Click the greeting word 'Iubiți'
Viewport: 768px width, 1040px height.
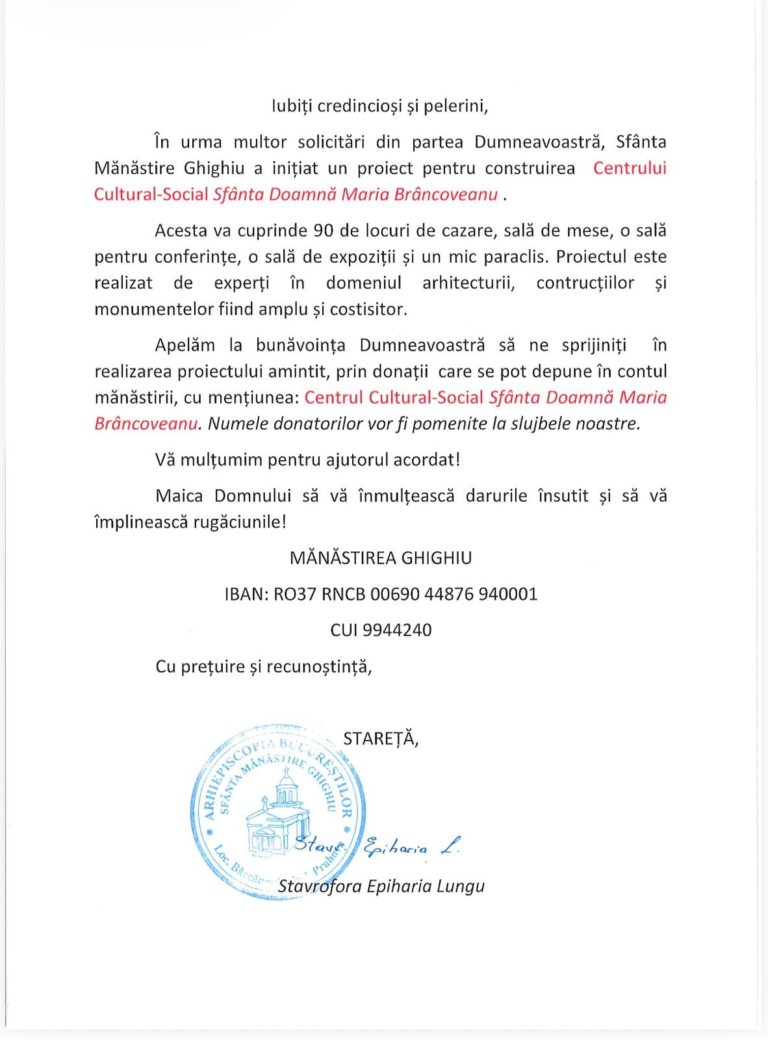pyautogui.click(x=292, y=106)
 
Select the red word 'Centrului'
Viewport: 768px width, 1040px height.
pyautogui.click(x=630, y=168)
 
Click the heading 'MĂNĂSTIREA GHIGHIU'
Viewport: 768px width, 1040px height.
pyautogui.click(x=381, y=558)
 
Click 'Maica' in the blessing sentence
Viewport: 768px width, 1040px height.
pyautogui.click(x=180, y=495)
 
